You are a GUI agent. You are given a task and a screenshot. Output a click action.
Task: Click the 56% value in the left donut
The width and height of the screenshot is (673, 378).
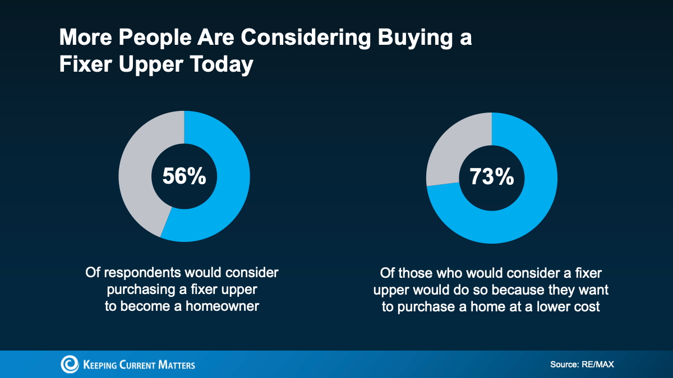pyautogui.click(x=184, y=176)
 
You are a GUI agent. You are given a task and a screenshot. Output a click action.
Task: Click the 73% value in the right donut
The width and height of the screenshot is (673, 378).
pyautogui.click(x=491, y=177)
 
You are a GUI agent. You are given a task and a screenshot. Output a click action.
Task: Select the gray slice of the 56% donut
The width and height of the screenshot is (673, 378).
pyautogui.click(x=138, y=168)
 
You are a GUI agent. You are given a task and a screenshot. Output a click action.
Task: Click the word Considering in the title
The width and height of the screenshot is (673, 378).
pyautogui.click(x=306, y=38)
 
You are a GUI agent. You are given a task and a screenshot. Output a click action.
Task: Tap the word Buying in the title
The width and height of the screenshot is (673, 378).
pyautogui.click(x=415, y=38)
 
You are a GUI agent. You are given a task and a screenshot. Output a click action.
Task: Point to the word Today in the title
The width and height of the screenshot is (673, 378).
pyautogui.click(x=222, y=64)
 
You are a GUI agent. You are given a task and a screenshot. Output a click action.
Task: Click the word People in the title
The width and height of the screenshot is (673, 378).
pyautogui.click(x=155, y=38)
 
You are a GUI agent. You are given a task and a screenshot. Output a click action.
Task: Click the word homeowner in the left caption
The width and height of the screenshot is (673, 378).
pyautogui.click(x=222, y=306)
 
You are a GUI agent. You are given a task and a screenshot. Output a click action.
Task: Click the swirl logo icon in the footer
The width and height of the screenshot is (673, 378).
pyautogui.click(x=70, y=364)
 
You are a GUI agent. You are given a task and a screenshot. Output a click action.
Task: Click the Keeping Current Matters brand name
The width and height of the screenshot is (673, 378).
pyautogui.click(x=139, y=365)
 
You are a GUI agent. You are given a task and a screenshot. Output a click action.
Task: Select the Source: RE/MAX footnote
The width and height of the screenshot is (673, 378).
pyautogui.click(x=582, y=365)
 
